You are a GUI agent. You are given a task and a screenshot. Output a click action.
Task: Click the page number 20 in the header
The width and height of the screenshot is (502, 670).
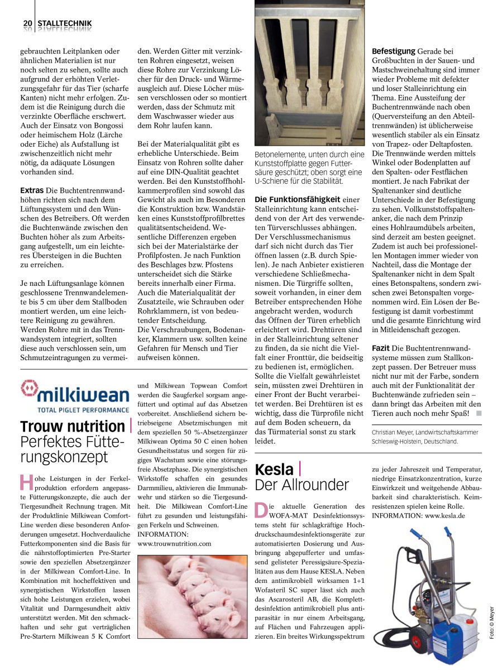point(27,23)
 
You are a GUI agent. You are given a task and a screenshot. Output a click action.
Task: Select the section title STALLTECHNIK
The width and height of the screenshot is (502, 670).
point(64,23)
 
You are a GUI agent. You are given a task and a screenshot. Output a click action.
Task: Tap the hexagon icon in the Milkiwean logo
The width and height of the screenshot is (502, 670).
point(29,389)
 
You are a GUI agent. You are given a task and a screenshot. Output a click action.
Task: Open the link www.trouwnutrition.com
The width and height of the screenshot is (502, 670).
point(174,543)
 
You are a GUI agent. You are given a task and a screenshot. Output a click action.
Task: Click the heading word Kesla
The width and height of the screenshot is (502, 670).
point(274,468)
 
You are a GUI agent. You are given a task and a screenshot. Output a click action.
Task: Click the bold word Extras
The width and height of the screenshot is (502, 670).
point(32,190)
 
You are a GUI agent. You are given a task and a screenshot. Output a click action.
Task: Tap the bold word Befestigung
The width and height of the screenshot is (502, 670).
point(394,51)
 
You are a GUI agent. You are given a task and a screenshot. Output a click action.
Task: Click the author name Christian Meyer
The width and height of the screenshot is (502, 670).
point(396,432)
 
